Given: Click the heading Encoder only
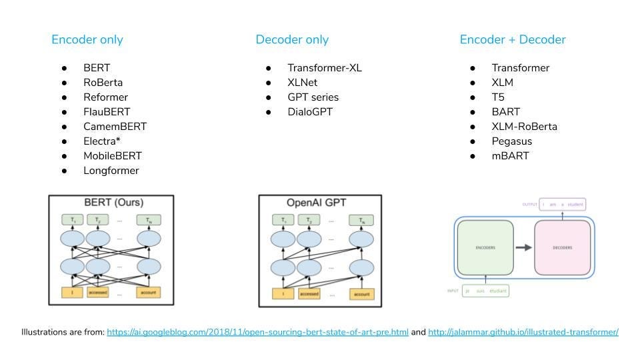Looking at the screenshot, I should pos(87,39).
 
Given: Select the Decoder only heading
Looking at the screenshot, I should pos(292,39).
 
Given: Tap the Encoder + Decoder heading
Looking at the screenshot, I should pos(513,39).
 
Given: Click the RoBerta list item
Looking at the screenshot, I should pos(103,83).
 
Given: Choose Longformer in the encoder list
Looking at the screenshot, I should pos(111,171).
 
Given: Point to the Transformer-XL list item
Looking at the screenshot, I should pos(325,68).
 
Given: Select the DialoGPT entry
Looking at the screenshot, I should pos(310,112).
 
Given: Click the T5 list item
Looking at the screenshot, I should pos(498,97).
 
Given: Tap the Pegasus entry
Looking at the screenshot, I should pos(512,141).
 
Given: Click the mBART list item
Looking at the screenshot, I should pos(509,156).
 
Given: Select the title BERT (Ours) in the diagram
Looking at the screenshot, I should pos(113,202).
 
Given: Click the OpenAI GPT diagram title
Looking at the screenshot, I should pos(317,203).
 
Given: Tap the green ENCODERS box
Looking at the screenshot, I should pos(485,247).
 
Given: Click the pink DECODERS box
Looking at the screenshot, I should pos(562,247).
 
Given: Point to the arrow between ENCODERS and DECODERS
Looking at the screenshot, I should pos(523,247).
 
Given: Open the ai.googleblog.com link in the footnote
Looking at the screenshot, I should pos(257,332).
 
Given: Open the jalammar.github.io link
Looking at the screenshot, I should pos(523,332).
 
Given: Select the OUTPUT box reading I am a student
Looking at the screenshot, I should pos(563,204).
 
